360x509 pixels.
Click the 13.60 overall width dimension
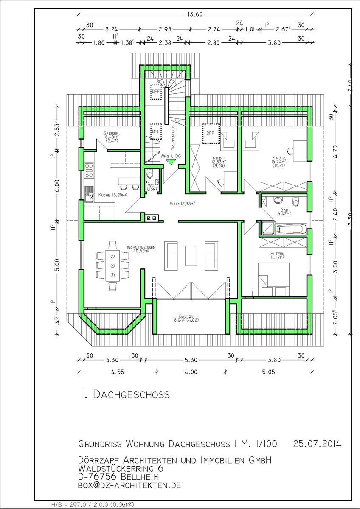pos(195,14)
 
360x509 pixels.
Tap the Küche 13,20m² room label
pos(112,195)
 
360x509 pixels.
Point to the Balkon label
pos(186,318)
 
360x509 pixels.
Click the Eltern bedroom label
pos(278,255)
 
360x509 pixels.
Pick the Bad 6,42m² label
pos(284,212)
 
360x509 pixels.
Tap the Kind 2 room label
pos(279,162)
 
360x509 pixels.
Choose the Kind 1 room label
pos(219,162)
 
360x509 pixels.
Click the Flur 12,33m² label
pos(183,204)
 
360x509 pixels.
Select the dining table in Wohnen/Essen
pos(112,266)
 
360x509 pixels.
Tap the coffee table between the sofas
pos(191,256)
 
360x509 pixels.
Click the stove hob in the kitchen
pos(89,171)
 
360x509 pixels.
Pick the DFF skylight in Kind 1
pos(211,134)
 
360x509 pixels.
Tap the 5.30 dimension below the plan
pos(191,360)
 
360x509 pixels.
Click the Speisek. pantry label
pos(112,137)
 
